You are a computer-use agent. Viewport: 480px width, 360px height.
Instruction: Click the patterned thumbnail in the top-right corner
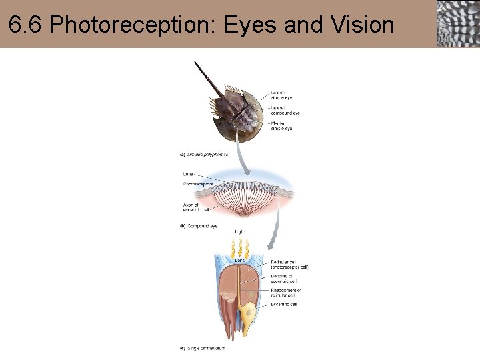458,23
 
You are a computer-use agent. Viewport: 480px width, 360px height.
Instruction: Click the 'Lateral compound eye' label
285,110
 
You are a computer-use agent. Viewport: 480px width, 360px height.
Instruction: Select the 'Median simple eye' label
281,125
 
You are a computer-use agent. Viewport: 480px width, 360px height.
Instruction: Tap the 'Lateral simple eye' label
281,94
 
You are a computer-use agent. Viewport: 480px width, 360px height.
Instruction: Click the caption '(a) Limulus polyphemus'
204,154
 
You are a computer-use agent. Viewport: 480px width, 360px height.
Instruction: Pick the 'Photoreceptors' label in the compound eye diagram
199,183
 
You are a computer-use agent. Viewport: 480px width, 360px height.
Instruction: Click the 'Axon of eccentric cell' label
196,207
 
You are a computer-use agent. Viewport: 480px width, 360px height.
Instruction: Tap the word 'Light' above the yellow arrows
240,232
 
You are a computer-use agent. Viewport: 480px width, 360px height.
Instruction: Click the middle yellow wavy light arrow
239,249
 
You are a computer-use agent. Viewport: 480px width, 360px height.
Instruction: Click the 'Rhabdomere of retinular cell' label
287,293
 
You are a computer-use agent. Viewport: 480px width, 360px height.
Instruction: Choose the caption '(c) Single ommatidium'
202,348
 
